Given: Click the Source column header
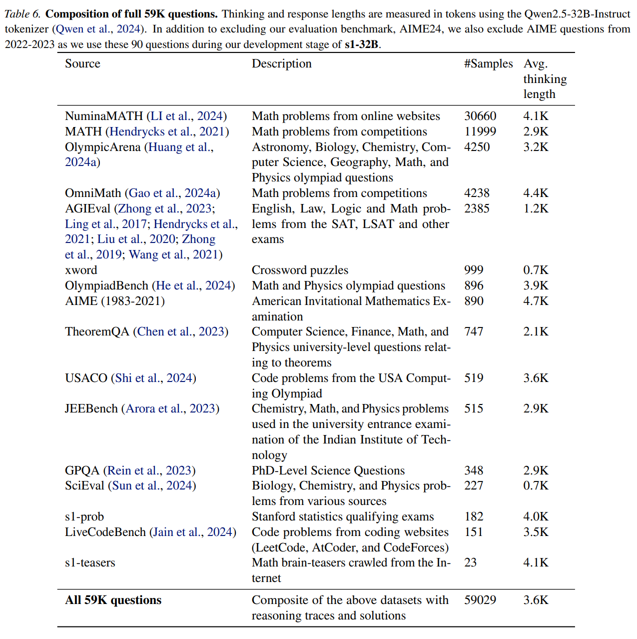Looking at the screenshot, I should click(x=82, y=63).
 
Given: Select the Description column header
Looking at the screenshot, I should click(x=281, y=63).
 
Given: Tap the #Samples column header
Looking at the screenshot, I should click(x=488, y=63).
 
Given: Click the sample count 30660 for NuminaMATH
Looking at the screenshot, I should click(x=480, y=116).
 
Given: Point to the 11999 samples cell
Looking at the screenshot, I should click(x=480, y=131).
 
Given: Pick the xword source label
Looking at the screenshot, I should click(x=81, y=270).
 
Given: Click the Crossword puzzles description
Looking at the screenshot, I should click(x=300, y=270).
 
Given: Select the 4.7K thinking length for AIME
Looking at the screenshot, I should click(x=536, y=301).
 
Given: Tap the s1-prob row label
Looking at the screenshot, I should click(x=84, y=516).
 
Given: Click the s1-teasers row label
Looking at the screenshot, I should click(x=90, y=562).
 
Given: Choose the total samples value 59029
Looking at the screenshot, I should click(x=480, y=600).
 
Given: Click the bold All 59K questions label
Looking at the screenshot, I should click(x=113, y=600).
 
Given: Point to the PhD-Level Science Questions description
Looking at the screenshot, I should click(x=328, y=470).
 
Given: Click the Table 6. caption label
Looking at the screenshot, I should click(x=22, y=13).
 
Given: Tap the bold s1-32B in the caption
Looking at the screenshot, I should click(x=361, y=44).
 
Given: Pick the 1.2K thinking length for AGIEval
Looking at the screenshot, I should click(x=536, y=208).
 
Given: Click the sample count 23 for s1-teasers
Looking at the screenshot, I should click(x=470, y=562).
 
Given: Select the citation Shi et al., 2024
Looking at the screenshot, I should click(x=153, y=378).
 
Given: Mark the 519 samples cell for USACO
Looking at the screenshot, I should click(x=474, y=378).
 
